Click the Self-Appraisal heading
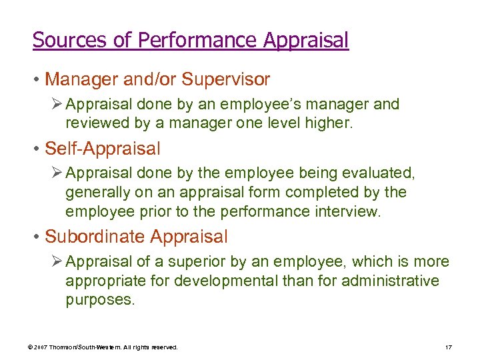pos(102,148)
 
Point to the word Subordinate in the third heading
pos(95,237)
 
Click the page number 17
pos(447,347)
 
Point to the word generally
pos(95,193)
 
